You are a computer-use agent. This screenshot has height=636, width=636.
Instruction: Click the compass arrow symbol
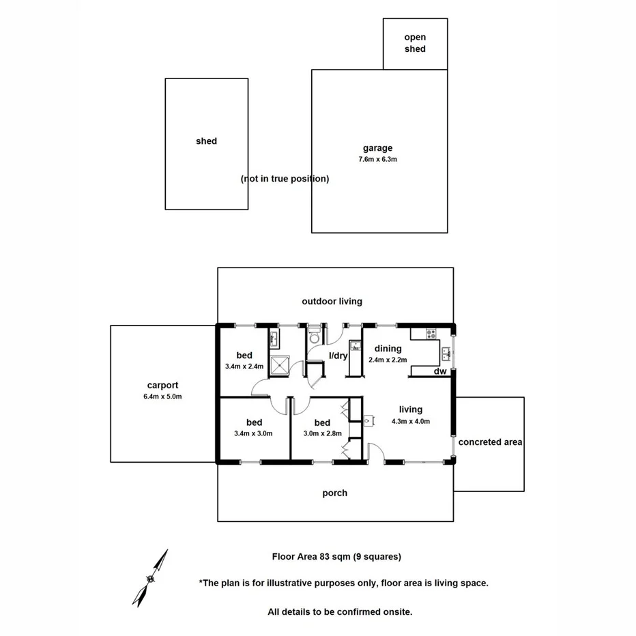coord(151,577)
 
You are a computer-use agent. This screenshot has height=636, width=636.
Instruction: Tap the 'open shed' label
coord(415,43)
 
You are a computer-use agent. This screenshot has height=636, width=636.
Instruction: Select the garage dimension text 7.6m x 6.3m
coord(377,159)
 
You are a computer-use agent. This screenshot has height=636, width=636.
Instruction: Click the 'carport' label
coord(162,385)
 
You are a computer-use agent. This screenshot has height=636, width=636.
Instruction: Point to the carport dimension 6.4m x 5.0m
coord(162,396)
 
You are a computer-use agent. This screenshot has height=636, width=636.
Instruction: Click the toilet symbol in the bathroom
coord(314,336)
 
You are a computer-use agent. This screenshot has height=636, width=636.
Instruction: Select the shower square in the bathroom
coord(280,366)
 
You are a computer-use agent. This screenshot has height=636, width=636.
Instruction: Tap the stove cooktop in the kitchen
coord(431,334)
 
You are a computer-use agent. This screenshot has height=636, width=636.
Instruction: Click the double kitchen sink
coord(446,353)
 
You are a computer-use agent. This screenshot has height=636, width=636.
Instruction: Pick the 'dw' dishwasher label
coord(440,371)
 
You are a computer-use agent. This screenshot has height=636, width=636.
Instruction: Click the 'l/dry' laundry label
coord(338,356)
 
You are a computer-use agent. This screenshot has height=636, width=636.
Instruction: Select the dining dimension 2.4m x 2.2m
coord(388,360)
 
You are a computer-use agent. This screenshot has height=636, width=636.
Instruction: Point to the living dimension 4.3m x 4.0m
coord(410,421)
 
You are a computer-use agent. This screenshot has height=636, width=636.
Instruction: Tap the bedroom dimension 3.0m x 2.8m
coord(322,433)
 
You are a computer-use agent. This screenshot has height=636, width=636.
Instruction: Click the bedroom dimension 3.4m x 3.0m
coord(253,433)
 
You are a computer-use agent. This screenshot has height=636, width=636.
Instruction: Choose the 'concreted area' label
coord(490,442)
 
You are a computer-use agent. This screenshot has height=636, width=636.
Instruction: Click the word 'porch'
coord(334,493)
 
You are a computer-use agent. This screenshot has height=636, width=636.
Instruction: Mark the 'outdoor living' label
coord(332,301)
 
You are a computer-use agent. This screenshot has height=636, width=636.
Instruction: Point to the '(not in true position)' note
coord(285,179)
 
